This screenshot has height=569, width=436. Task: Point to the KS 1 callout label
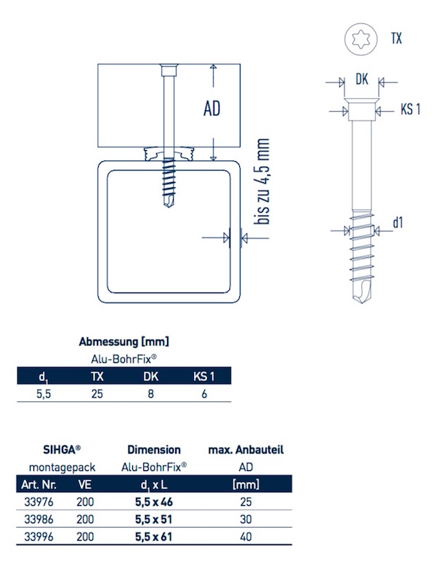coord(410,110)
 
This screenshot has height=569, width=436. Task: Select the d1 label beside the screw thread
coord(397,223)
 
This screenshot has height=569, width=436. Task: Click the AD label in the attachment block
coord(211,110)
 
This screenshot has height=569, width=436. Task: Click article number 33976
coord(36,502)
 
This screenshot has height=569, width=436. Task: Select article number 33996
coord(36,536)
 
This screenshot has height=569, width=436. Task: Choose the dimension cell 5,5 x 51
coord(153,519)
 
